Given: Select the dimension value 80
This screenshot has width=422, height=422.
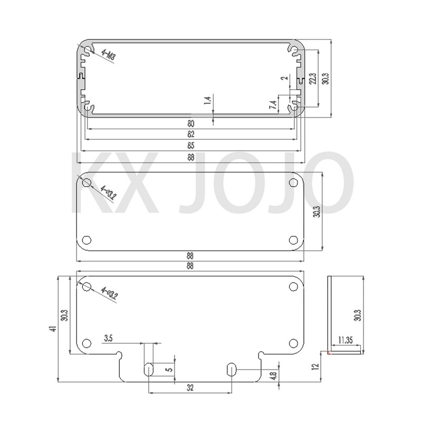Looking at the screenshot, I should (x=189, y=124).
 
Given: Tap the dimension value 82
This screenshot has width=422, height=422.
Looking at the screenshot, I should (x=189, y=135).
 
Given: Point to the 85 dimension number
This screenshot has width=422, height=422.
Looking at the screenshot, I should (x=189, y=146).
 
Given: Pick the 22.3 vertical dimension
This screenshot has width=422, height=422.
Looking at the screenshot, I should (x=313, y=78).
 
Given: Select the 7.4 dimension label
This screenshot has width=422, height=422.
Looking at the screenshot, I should (x=272, y=104).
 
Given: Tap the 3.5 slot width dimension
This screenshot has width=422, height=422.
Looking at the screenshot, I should (x=109, y=338).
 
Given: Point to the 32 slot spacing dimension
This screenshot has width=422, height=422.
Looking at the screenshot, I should (x=189, y=388).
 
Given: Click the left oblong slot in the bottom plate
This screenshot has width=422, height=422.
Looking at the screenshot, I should (x=149, y=369).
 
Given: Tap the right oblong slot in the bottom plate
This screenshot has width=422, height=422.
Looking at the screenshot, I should (x=231, y=369).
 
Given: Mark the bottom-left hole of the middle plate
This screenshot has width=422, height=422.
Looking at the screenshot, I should (x=87, y=239).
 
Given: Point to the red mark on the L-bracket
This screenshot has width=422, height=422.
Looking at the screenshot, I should (x=329, y=352).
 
